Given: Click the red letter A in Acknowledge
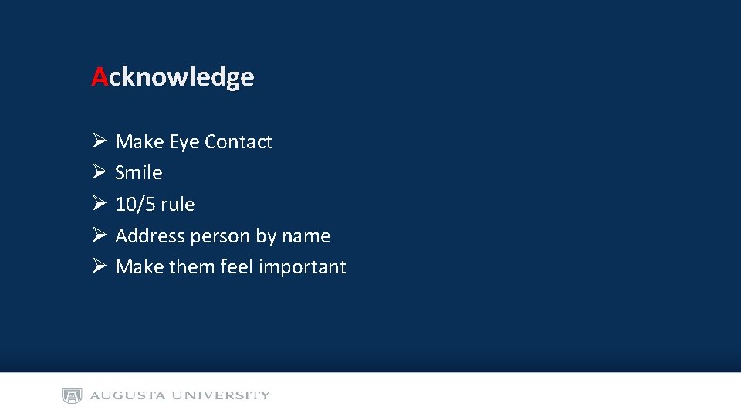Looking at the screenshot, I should (100, 77).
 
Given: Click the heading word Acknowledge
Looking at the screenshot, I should (173, 77).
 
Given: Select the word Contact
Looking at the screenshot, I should (239, 142).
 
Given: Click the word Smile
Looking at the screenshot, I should (139, 173).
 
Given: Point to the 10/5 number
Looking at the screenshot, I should (135, 205).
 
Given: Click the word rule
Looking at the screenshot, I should (178, 205).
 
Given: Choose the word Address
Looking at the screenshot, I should (150, 236).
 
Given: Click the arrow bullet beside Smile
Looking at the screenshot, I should (98, 172).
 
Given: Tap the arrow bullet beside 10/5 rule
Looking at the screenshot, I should (98, 204).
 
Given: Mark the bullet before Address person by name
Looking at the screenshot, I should (98, 236).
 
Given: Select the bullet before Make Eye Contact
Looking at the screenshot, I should (98, 141).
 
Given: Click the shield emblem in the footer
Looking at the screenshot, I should (72, 396).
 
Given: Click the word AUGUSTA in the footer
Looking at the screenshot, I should (128, 396).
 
